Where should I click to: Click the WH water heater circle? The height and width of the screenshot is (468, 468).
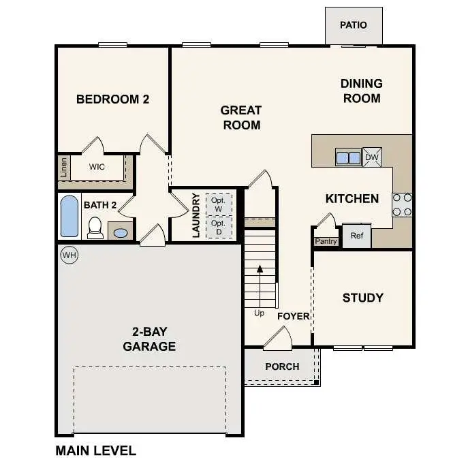(x=69, y=255)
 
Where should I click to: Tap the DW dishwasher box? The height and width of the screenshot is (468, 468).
(x=372, y=157)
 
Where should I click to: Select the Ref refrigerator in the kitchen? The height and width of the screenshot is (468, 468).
(x=356, y=236)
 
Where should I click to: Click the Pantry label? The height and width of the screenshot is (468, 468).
(x=326, y=241)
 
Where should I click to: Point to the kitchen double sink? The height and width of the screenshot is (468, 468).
(x=348, y=157)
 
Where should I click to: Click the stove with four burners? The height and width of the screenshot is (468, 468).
(x=402, y=204)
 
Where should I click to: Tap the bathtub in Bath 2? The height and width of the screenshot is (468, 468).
(x=69, y=216)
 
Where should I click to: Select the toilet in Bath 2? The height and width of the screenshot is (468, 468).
(x=95, y=228)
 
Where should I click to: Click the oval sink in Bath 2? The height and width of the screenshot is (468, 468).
(x=121, y=232)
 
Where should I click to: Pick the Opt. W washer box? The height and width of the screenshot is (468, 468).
(x=218, y=204)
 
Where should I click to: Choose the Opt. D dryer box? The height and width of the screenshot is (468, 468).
(x=218, y=228)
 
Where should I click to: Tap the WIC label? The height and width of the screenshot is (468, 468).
(x=97, y=166)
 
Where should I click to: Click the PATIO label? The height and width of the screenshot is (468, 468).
(x=353, y=25)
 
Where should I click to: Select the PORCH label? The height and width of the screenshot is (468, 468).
(x=282, y=366)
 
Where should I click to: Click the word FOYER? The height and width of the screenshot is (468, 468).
(x=294, y=316)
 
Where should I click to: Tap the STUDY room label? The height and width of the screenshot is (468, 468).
(x=362, y=298)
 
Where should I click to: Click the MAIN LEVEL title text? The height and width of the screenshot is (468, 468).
(x=95, y=450)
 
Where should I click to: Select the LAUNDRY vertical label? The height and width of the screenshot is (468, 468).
(x=196, y=215)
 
